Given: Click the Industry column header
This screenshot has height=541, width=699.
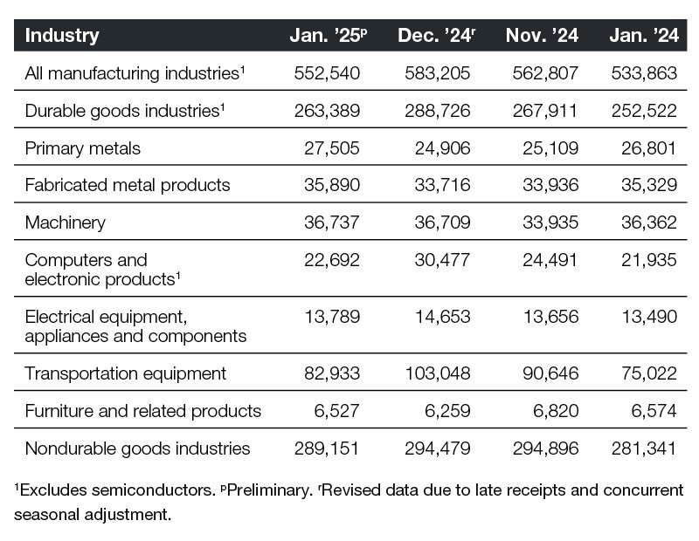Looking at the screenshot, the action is pos(62,36).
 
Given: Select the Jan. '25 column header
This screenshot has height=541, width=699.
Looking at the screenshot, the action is pos(328,36).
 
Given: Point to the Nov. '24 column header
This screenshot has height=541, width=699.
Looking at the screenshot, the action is pos(542,36).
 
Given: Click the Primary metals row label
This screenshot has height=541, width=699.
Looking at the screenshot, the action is pos(83,147).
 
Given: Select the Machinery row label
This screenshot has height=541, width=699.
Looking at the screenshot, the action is pos(66,223).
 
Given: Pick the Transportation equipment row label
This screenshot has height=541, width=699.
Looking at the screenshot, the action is pos(126,373).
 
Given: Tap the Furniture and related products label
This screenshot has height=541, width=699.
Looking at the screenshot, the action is pos(143,410).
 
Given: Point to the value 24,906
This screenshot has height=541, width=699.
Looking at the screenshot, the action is pos(443,147).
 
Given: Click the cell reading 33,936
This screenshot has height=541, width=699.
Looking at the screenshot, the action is pos(550,185).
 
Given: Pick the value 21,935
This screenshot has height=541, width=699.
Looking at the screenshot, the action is pos(649,260).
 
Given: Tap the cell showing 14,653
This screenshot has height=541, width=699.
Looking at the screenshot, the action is pos(443,316).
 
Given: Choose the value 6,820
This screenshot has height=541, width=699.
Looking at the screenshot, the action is pos(555,410).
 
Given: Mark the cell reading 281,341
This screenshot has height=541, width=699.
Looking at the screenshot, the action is pos(645,449).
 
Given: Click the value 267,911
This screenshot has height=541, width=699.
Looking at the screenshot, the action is pos(546,111).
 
